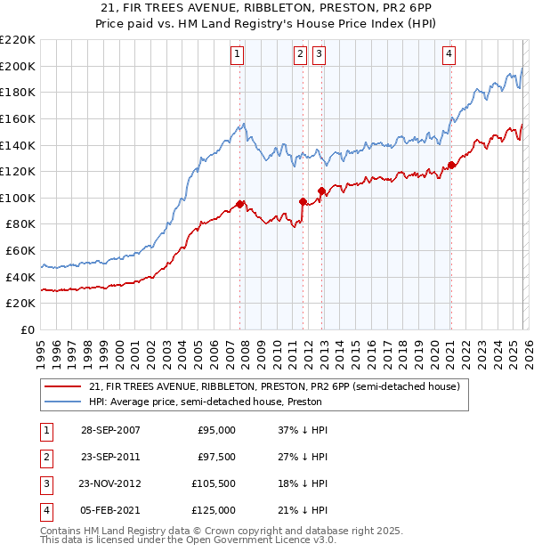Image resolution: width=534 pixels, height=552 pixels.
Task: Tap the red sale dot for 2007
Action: coord(240,204)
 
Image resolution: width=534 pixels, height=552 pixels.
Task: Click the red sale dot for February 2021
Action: coord(451,165)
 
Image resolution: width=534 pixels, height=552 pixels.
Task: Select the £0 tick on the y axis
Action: coord(28,329)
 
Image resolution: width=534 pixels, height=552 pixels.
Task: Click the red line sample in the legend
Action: coord(63,386)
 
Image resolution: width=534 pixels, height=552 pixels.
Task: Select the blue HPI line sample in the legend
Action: coord(63,402)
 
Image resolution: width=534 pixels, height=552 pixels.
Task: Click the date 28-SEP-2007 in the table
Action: coord(110,430)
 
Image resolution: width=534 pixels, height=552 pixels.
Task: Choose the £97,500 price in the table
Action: coord(215,457)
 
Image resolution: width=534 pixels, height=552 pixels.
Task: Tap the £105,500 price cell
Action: coord(213,483)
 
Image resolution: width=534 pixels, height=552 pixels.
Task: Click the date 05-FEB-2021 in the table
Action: coord(110,510)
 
